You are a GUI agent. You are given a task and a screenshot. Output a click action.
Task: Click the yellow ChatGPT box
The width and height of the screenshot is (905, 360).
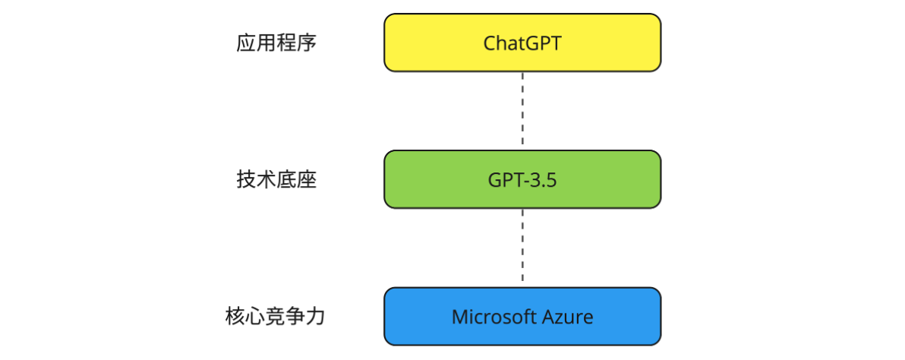pos(522,43)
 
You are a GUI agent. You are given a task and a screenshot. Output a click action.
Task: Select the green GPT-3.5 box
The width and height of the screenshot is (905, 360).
pos(522,179)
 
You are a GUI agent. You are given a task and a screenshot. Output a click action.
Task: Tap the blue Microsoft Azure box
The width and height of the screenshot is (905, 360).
pos(522,316)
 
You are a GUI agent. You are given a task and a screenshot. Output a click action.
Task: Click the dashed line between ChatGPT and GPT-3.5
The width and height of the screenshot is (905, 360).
pos(522,111)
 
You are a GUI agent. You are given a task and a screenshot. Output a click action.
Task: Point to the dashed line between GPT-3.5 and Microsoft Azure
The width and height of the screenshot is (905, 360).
pos(522,248)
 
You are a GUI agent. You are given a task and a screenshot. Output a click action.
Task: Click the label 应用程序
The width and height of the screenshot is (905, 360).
pos(276,43)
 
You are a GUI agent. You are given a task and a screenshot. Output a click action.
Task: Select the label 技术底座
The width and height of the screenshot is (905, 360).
pos(276,180)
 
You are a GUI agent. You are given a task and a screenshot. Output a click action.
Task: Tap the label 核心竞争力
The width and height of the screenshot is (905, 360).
pos(276,317)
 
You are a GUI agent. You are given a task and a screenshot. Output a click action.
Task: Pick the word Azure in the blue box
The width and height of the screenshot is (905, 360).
pos(567,317)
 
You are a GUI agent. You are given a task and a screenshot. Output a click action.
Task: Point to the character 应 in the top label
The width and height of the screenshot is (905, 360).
pos(246,43)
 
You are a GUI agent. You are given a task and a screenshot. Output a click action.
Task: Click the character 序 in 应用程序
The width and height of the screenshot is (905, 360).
pos(307,43)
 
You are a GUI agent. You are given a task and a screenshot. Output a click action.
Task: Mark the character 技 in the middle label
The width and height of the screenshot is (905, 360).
pos(246,180)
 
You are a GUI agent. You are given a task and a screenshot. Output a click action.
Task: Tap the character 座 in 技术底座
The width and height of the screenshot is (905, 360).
pos(307,180)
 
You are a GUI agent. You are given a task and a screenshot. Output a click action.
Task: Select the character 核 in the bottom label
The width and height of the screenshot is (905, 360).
pos(235,317)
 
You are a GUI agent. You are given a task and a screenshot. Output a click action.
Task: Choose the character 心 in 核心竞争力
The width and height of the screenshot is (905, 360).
pos(255,317)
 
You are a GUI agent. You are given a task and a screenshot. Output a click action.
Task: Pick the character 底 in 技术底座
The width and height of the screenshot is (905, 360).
pos(287,180)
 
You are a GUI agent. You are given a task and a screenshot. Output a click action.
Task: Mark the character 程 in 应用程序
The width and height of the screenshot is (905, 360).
pos(287,43)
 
